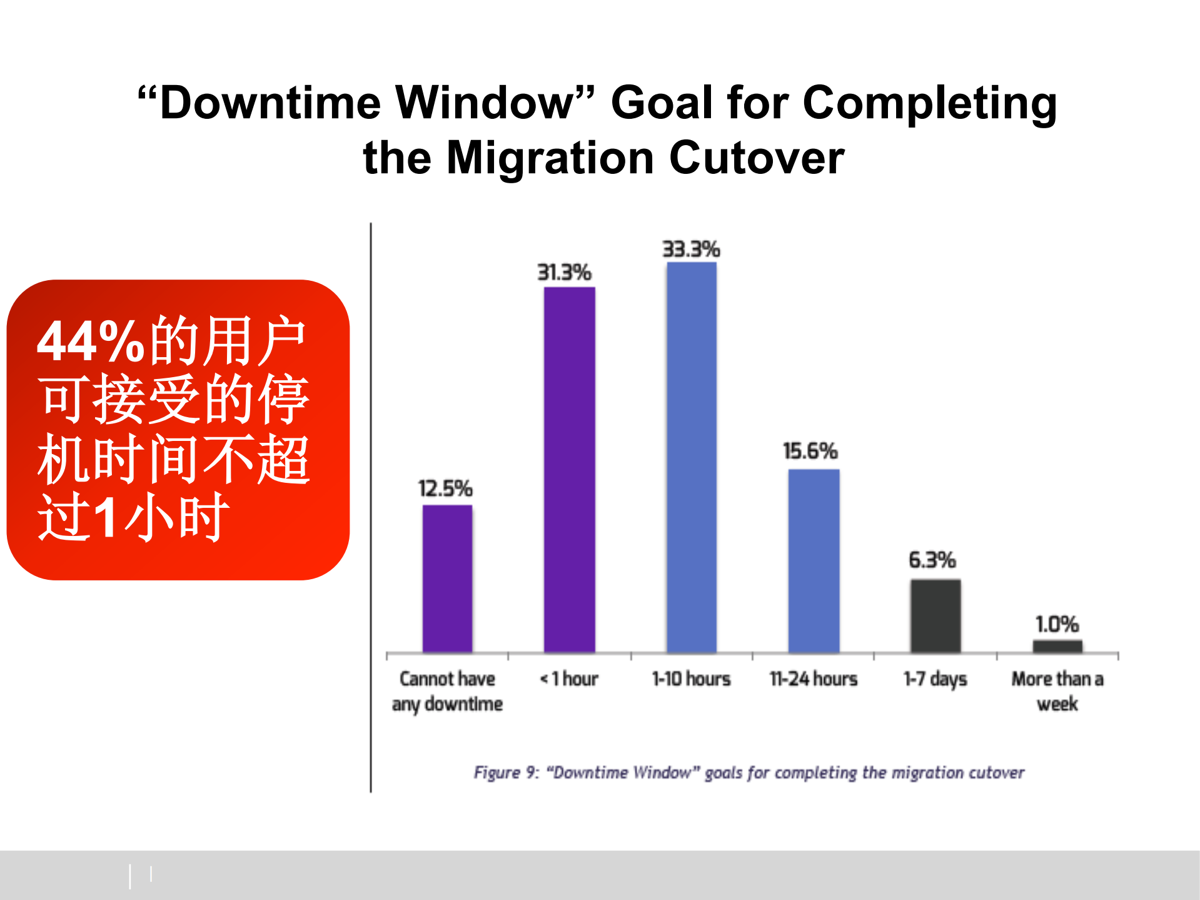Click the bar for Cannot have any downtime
click(447, 579)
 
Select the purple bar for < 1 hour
click(569, 470)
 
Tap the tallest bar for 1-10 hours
click(692, 457)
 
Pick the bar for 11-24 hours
click(814, 561)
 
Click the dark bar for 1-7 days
click(935, 616)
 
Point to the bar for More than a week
click(1057, 647)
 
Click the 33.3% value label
click(692, 249)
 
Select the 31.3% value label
click(565, 273)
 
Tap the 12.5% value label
click(445, 488)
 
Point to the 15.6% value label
click(810, 451)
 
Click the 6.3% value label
click(932, 560)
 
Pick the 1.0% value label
click(1057, 624)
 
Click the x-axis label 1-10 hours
click(692, 679)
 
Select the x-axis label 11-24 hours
click(814, 679)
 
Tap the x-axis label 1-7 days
click(935, 679)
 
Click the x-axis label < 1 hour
click(569, 679)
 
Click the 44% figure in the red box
click(91, 341)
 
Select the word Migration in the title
click(550, 158)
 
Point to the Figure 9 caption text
click(749, 773)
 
